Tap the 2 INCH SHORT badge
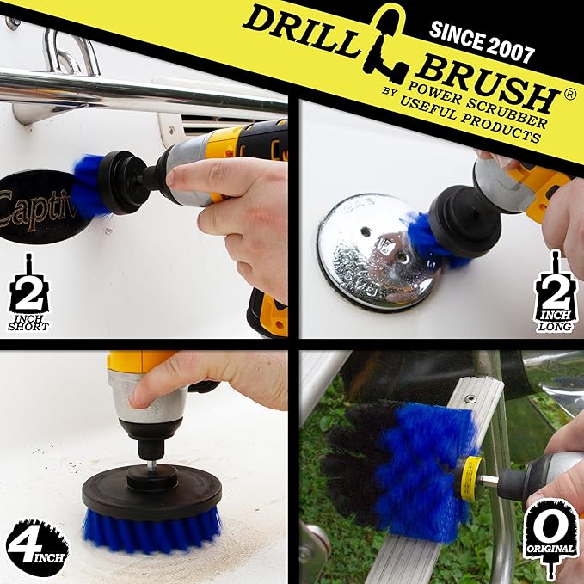coord(28,292)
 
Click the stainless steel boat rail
coord(129,92)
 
